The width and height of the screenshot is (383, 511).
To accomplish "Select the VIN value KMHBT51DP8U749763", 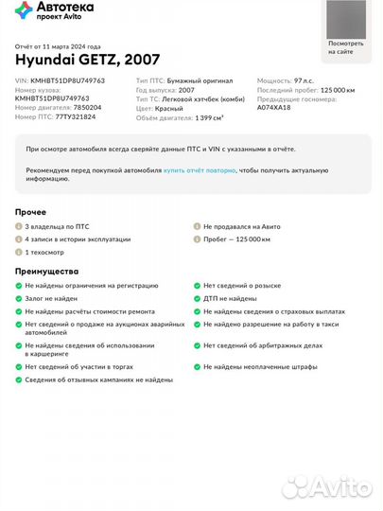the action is [x=68, y=81].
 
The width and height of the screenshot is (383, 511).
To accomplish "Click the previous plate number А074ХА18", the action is [x=274, y=108].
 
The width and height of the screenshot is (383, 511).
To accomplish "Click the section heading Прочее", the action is [x=31, y=212].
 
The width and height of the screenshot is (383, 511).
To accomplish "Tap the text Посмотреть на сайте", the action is [x=345, y=47].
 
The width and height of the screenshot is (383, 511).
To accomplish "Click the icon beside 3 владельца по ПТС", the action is [x=19, y=228].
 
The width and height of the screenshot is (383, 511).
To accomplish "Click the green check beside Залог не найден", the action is [x=19, y=297].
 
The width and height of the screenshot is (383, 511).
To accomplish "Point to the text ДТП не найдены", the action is [x=231, y=297].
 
